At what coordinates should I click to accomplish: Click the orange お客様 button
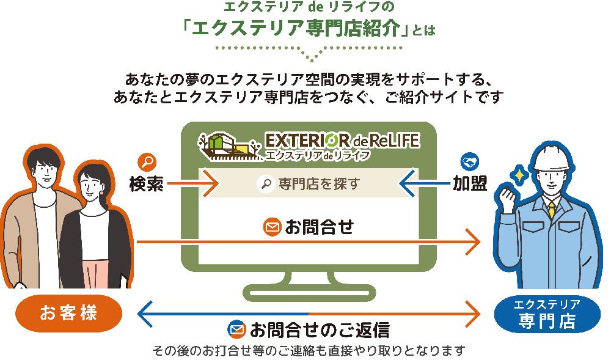68,314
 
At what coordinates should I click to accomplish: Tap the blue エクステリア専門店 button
547,314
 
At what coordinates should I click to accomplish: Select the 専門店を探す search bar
309,183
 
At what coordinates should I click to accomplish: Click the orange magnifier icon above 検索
147,163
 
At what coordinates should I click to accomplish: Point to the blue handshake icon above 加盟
469,161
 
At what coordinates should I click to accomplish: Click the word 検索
146,183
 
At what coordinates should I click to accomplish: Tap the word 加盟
470,183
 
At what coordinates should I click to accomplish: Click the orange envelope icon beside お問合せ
272,227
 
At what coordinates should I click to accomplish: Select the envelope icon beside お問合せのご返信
236,329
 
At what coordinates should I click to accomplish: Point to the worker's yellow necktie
552,210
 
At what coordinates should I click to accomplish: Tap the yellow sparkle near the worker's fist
519,175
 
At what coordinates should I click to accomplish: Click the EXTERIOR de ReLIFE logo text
342,140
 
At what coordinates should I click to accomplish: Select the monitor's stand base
309,293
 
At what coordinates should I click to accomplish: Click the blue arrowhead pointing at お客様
145,314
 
